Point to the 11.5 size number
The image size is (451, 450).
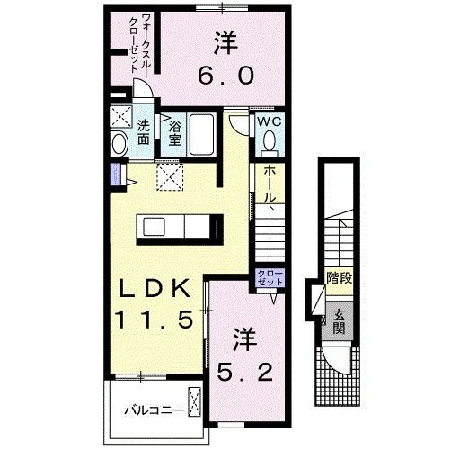153,320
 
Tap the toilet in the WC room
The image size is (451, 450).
270,142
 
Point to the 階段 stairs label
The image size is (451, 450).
339,278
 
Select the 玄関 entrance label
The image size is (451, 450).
339,320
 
